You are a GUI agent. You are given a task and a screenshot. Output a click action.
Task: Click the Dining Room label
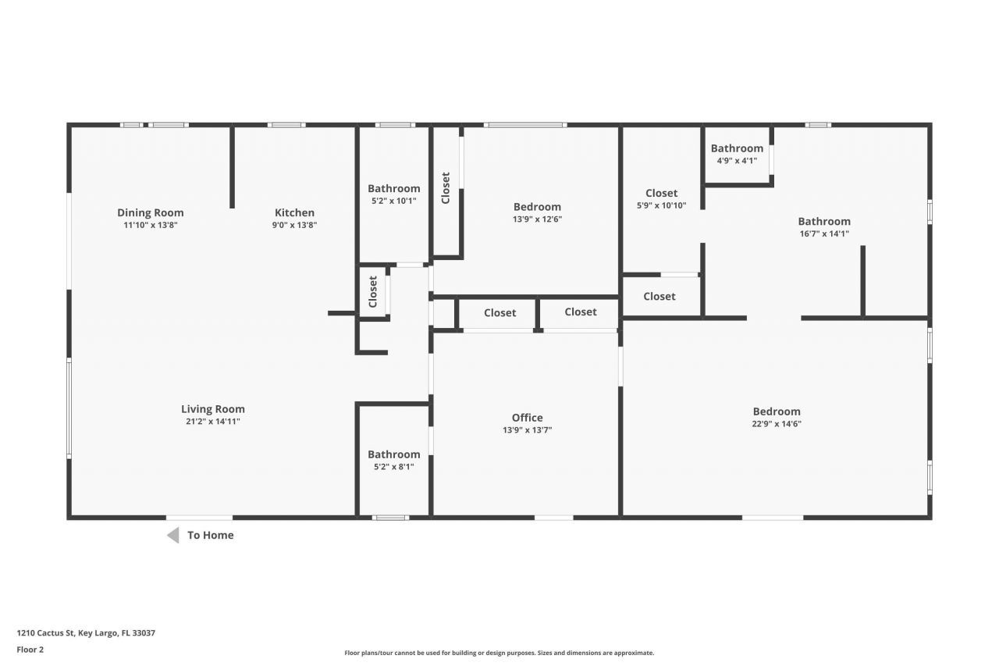click(151, 212)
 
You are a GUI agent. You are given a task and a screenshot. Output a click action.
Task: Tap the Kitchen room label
click(294, 212)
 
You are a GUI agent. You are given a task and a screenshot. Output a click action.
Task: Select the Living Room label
click(213, 408)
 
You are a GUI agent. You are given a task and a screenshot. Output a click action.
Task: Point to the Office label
click(527, 417)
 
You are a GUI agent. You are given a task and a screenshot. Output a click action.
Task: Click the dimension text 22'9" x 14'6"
click(777, 424)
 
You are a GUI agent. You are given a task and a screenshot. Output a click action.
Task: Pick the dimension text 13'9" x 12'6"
click(537, 219)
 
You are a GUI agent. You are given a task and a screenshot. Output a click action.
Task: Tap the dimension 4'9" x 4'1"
click(737, 161)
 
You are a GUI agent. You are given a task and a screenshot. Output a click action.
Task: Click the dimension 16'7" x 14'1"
click(824, 233)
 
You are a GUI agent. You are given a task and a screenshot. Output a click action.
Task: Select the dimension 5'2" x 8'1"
click(393, 467)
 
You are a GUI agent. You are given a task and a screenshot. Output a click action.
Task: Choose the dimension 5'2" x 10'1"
click(393, 201)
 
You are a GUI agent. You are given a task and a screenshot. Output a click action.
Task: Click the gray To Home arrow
click(173, 535)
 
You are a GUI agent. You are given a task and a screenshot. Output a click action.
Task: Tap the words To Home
click(210, 535)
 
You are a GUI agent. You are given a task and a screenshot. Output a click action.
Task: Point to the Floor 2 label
click(30, 649)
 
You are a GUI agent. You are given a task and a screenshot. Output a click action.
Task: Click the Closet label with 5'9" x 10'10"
click(661, 193)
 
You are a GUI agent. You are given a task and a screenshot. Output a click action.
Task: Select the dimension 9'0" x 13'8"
click(294, 225)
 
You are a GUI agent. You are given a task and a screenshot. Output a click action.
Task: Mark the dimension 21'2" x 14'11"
click(213, 422)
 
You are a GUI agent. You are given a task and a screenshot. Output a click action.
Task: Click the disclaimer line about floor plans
click(499, 653)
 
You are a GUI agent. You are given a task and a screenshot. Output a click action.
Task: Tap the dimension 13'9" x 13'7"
click(527, 430)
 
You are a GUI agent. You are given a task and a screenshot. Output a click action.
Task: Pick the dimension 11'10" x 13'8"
click(151, 225)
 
